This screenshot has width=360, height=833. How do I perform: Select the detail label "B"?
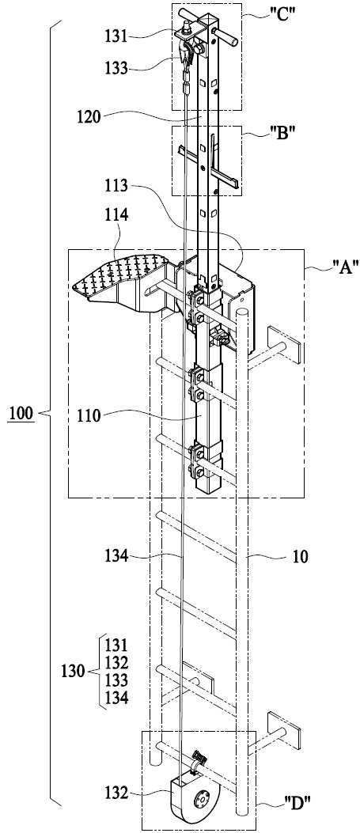280,133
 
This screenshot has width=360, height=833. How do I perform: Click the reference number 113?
116,185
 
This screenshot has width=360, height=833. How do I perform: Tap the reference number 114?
116,215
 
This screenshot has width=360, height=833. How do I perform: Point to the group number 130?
74,672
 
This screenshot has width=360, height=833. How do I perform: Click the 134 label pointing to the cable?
116,556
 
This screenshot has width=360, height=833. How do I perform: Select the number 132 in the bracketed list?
116,663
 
